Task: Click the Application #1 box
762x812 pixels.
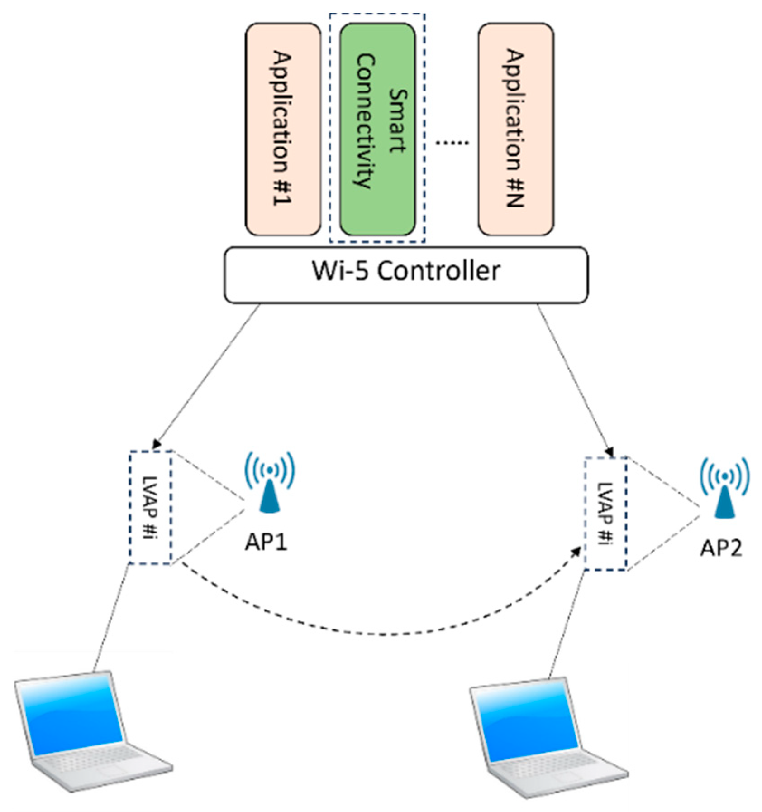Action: [283, 129]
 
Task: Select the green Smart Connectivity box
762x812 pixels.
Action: [377, 129]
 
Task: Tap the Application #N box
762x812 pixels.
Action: [515, 129]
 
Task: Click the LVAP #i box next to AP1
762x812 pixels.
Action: [150, 507]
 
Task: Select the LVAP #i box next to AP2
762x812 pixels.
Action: [605, 514]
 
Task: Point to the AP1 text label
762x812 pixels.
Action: [266, 542]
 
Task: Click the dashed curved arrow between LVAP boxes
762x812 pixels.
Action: [380, 634]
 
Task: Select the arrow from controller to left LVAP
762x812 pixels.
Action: [208, 376]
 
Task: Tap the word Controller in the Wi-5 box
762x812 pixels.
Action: [438, 271]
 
